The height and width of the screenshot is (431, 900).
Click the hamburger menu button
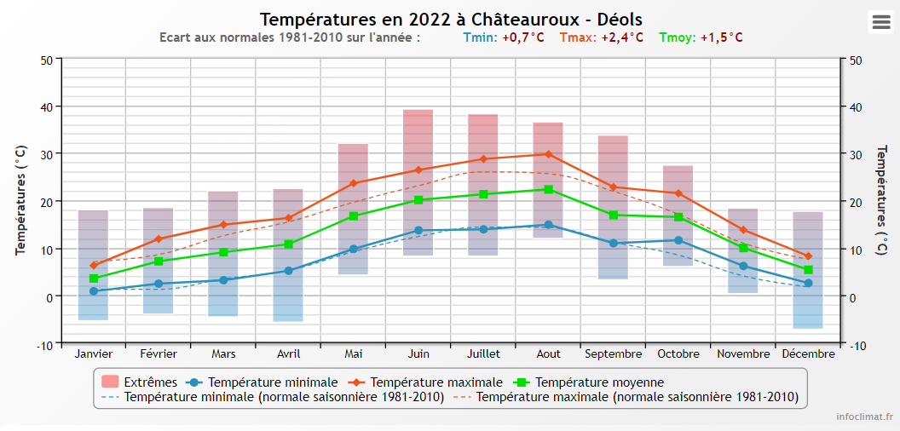pyautogui.click(x=880, y=23)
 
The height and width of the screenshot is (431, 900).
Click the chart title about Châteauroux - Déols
pyautogui.click(x=451, y=19)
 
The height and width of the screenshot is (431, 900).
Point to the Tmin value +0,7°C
pyautogui.click(x=522, y=37)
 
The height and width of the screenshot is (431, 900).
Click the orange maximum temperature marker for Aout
pyautogui.click(x=548, y=154)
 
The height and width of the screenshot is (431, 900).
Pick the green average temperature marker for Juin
pyautogui.click(x=418, y=199)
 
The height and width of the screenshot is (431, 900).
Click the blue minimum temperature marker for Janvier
pyautogui.click(x=94, y=291)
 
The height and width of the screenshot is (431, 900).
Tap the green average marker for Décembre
pyautogui.click(x=808, y=269)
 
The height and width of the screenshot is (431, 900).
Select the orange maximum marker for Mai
pyautogui.click(x=354, y=183)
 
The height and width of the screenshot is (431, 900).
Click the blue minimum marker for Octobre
pyautogui.click(x=678, y=240)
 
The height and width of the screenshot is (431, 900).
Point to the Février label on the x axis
pyautogui.click(x=159, y=353)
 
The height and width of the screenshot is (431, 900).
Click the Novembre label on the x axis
pyautogui.click(x=743, y=353)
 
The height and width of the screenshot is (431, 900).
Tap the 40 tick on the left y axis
pyautogui.click(x=46, y=106)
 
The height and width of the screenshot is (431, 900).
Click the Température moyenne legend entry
pyautogui.click(x=599, y=382)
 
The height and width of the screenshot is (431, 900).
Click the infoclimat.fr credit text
pyautogui.click(x=864, y=417)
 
